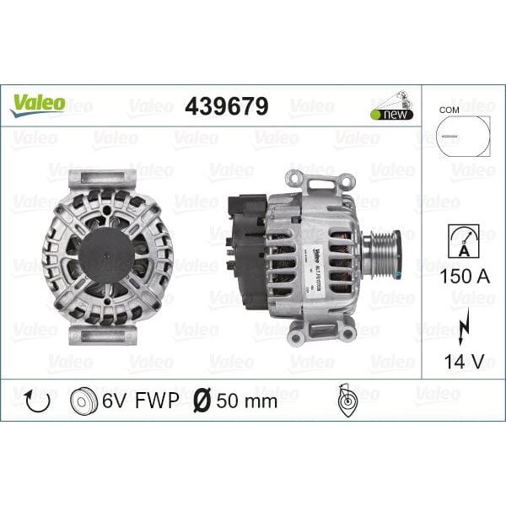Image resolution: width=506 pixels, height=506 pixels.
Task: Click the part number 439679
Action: pos(226,106)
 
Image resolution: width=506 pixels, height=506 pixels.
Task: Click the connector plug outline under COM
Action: pos(463,136)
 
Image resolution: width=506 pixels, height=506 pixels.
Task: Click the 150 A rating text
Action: pos(462,277)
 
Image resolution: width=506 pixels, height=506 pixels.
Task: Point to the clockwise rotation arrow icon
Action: pos(38,401)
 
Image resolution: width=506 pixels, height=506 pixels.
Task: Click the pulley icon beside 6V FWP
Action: pos(85,401)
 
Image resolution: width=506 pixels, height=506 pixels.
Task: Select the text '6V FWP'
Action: pos(141,401)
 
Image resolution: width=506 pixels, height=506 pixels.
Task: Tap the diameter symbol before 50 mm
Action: pos(202,401)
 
